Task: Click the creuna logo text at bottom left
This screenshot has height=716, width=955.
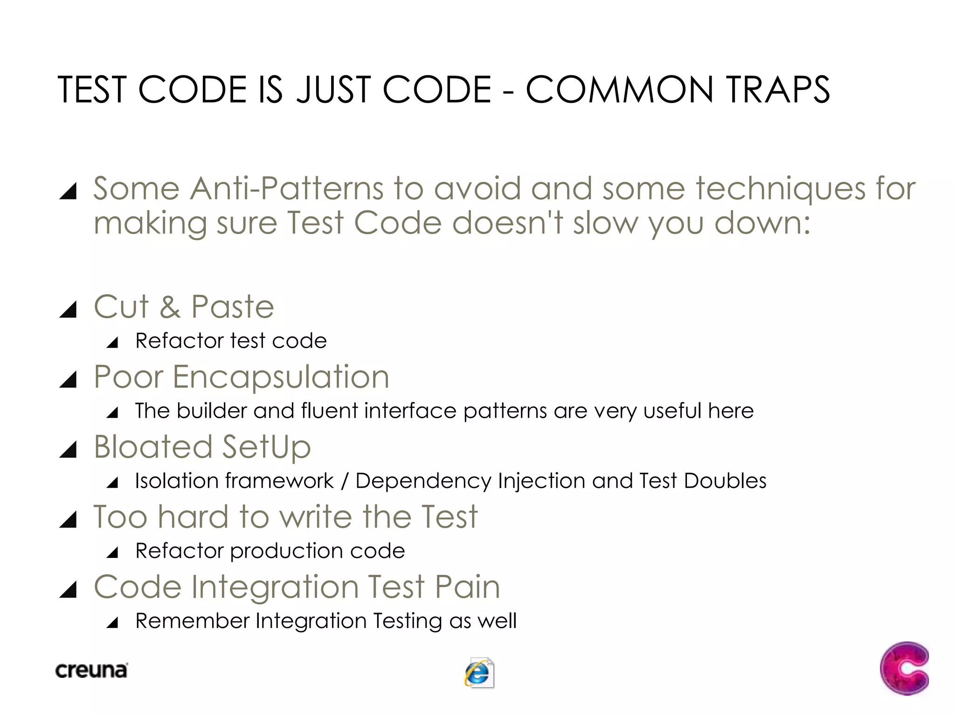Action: point(91,670)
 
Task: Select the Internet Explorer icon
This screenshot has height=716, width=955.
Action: point(479,673)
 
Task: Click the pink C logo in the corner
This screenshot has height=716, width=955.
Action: point(904,668)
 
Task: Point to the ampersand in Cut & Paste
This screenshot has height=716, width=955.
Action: point(170,307)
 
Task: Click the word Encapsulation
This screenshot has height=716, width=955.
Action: point(281,377)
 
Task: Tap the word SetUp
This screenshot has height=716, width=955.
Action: point(266,447)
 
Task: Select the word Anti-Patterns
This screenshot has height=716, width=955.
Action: point(286,189)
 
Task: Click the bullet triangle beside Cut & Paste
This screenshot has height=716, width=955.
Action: point(69,310)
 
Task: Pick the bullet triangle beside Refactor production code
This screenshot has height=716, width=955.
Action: point(112,553)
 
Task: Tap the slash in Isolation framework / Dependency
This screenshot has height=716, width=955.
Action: point(345,481)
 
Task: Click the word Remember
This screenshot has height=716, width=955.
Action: point(192,621)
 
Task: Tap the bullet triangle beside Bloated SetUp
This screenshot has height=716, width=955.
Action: point(69,450)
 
